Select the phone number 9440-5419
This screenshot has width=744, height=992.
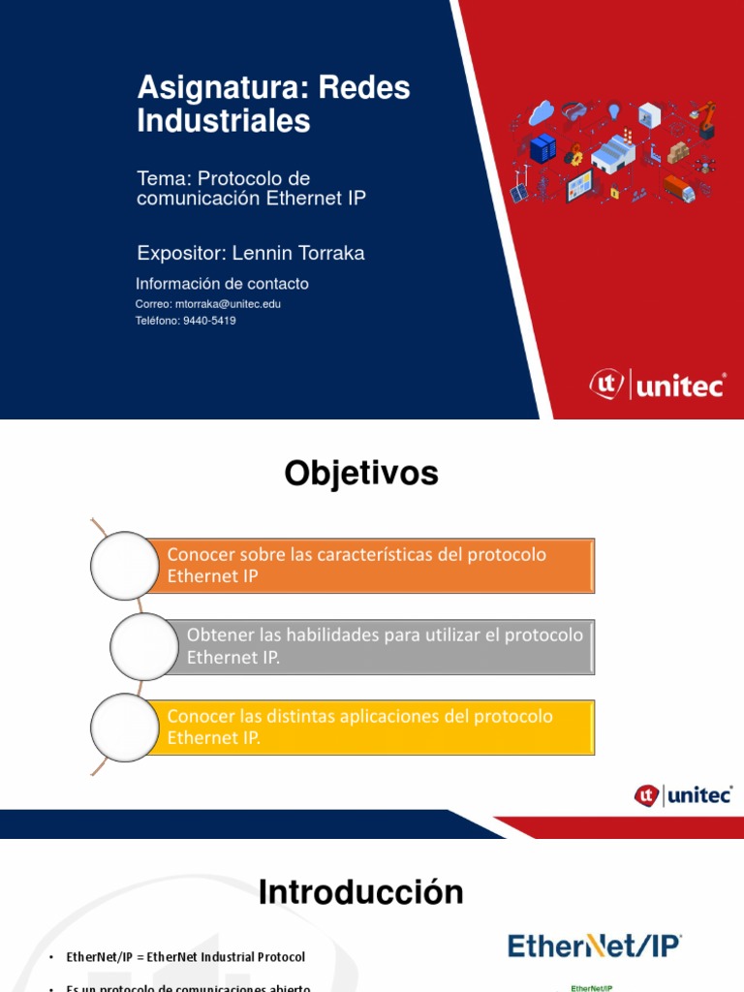pos(209,321)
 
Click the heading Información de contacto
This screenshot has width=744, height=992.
pos(223,284)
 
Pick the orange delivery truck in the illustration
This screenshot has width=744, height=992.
pos(679,188)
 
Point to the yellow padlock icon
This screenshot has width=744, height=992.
pos(614,194)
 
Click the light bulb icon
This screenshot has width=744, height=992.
pos(613,110)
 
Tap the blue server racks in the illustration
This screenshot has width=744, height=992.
pos(543,148)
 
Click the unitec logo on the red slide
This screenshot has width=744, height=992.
pos(658,385)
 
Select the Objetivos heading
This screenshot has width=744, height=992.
pos(361,475)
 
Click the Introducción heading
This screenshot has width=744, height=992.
pos(361,892)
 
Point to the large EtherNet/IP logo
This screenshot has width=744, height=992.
pos(596,946)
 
